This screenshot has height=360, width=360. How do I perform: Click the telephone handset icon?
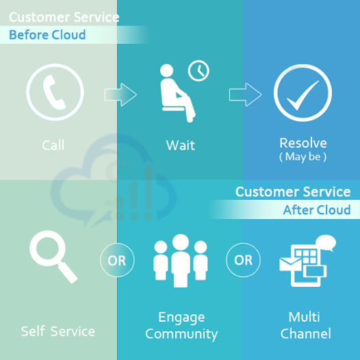click(x=53, y=92)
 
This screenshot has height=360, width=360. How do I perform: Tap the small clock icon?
click(x=198, y=70)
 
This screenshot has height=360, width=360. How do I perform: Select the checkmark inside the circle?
click(x=303, y=95)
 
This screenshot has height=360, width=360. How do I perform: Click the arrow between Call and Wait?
click(x=120, y=94)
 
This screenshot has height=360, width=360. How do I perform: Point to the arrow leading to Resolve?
click(x=245, y=94)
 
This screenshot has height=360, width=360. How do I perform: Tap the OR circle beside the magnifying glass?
click(x=117, y=260)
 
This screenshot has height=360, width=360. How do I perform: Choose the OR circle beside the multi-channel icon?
click(x=243, y=260)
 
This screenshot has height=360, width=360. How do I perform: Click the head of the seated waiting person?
click(x=166, y=70)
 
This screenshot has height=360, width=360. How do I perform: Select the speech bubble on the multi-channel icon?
click(x=326, y=243)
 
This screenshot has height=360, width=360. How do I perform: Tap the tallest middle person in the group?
click(x=181, y=261)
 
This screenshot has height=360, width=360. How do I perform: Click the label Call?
click(x=53, y=145)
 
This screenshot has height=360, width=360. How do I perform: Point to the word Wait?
click(x=181, y=145)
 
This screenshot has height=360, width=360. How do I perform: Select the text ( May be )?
click(x=303, y=157)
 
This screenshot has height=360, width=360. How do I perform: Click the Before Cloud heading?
click(x=47, y=35)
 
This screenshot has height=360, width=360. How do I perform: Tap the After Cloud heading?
click(x=317, y=210)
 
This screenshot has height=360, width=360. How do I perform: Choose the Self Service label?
click(x=58, y=331)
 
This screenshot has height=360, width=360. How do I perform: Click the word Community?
click(x=181, y=334)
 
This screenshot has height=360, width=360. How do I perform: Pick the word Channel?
click(x=305, y=333)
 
